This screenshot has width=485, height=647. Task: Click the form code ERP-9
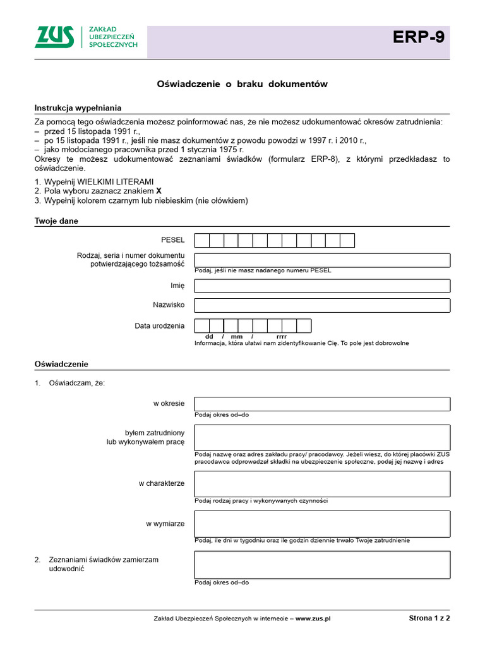419,38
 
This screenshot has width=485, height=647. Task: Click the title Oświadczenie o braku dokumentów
242,84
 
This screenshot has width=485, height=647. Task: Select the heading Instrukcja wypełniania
78,108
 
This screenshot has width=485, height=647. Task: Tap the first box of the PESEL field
202,240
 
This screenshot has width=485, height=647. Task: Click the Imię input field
322,286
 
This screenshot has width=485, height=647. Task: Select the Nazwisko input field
322,305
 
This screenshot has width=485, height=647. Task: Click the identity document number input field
322,260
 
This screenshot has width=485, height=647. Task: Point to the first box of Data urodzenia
202,326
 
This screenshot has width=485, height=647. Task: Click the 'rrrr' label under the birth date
282,337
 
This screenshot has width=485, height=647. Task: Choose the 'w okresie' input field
322,404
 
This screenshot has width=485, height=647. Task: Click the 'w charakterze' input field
322,483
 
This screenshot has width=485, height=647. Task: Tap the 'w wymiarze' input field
322,524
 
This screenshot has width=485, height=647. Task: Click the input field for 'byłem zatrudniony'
322,437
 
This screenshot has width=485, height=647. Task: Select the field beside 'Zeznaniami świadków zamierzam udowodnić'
322,564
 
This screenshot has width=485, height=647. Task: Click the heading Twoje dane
56,221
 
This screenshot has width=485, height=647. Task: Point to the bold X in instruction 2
159,191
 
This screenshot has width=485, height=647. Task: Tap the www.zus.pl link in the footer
313,619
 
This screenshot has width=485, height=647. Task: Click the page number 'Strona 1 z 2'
429,619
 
